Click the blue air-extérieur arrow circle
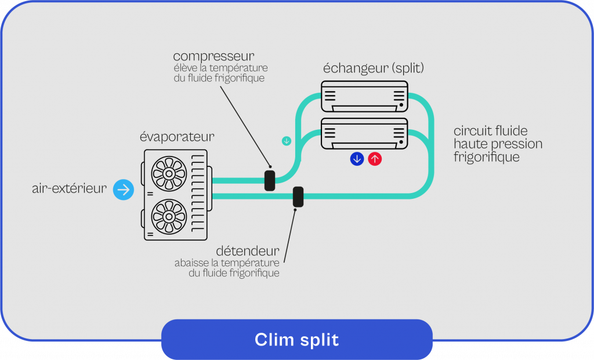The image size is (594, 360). pyautogui.click(x=124, y=189)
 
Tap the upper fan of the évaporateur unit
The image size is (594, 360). pyautogui.click(x=168, y=173)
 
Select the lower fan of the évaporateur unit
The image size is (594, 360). pyautogui.click(x=168, y=216)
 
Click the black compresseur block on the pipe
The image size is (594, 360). pyautogui.click(x=270, y=180)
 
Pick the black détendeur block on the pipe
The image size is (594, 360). pyautogui.click(x=298, y=197)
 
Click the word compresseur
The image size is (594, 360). pyautogui.click(x=213, y=56)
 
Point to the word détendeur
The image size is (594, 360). pyautogui.click(x=248, y=251)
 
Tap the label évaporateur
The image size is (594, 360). pyautogui.click(x=177, y=137)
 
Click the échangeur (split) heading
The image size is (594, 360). pyautogui.click(x=374, y=68)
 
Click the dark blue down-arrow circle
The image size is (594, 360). pyautogui.click(x=357, y=159)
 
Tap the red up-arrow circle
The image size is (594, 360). pyautogui.click(x=375, y=159)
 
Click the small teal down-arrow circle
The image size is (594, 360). pyautogui.click(x=286, y=141)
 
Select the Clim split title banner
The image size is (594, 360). pyautogui.click(x=296, y=340)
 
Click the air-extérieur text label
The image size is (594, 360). pyautogui.click(x=70, y=189)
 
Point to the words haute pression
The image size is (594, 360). pyautogui.click(x=498, y=144)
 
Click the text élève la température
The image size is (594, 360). pyautogui.click(x=220, y=68)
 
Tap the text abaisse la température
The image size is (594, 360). pyautogui.click(x=227, y=263)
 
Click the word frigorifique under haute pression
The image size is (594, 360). pyautogui.click(x=487, y=157)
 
